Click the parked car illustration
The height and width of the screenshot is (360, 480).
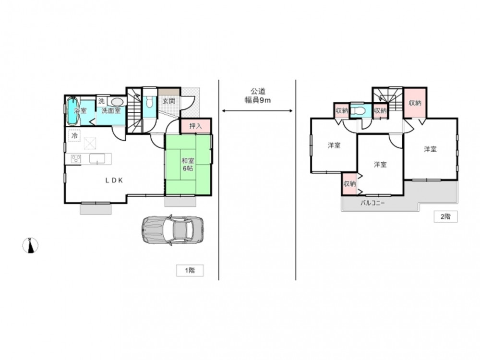pyautogui.click(x=172, y=230)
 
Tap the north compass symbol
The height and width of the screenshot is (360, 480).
pyautogui.click(x=31, y=245)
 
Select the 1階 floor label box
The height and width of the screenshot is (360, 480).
pyautogui.click(x=190, y=270)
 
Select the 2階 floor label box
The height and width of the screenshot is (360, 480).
pyautogui.click(x=445, y=216)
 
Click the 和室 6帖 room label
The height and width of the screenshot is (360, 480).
pyautogui.click(x=188, y=164)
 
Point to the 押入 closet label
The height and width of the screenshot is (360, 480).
pyautogui.click(x=195, y=126)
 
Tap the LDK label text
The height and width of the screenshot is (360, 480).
pyautogui.click(x=114, y=180)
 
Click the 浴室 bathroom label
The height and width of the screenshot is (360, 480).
pyautogui.click(x=81, y=110)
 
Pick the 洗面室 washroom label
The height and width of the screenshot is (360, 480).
pyautogui.click(x=111, y=110)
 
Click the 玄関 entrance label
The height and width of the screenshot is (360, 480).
pyautogui.click(x=168, y=101)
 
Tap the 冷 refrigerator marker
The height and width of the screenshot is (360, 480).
pyautogui.click(x=74, y=135)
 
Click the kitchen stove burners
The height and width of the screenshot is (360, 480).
pyautogui.click(x=76, y=158)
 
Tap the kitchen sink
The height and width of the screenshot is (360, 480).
pyautogui.click(x=97, y=158)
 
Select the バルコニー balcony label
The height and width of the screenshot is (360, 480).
pyautogui.click(x=372, y=203)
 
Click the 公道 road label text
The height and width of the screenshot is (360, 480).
pyautogui.click(x=258, y=91)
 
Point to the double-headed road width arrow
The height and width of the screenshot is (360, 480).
pyautogui.click(x=257, y=111)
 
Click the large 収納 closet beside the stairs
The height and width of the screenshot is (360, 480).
pyautogui.click(x=415, y=103)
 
